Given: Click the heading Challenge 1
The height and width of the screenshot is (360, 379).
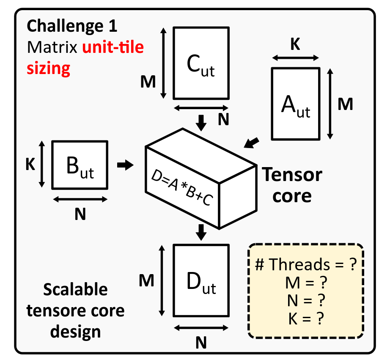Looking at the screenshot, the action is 72,26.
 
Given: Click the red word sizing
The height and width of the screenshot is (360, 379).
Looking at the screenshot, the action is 48,69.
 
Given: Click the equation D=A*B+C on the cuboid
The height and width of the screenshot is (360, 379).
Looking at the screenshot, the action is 182,187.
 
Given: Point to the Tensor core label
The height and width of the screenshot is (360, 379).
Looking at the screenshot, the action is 292,185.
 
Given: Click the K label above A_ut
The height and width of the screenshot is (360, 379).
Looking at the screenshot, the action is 295,44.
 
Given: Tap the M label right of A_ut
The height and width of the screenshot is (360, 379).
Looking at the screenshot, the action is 345,104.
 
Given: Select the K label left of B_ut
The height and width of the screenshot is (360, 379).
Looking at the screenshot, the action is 30,165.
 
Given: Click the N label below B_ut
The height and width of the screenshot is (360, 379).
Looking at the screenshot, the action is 80,214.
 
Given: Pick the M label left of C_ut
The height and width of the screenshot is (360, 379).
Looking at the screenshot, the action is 148,82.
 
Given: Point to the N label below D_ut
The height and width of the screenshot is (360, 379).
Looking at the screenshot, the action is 201,343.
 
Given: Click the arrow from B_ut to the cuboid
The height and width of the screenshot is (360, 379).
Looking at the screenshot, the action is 125,165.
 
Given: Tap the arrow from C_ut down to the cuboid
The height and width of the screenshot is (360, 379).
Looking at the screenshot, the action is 201,123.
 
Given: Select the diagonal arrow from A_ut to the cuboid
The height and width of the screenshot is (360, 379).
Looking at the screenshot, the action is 251,143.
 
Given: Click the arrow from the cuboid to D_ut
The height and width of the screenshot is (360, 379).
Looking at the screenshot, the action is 201,232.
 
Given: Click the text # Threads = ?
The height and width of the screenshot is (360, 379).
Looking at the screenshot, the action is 306,264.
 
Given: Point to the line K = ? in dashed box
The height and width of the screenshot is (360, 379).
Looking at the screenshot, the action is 306,319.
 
